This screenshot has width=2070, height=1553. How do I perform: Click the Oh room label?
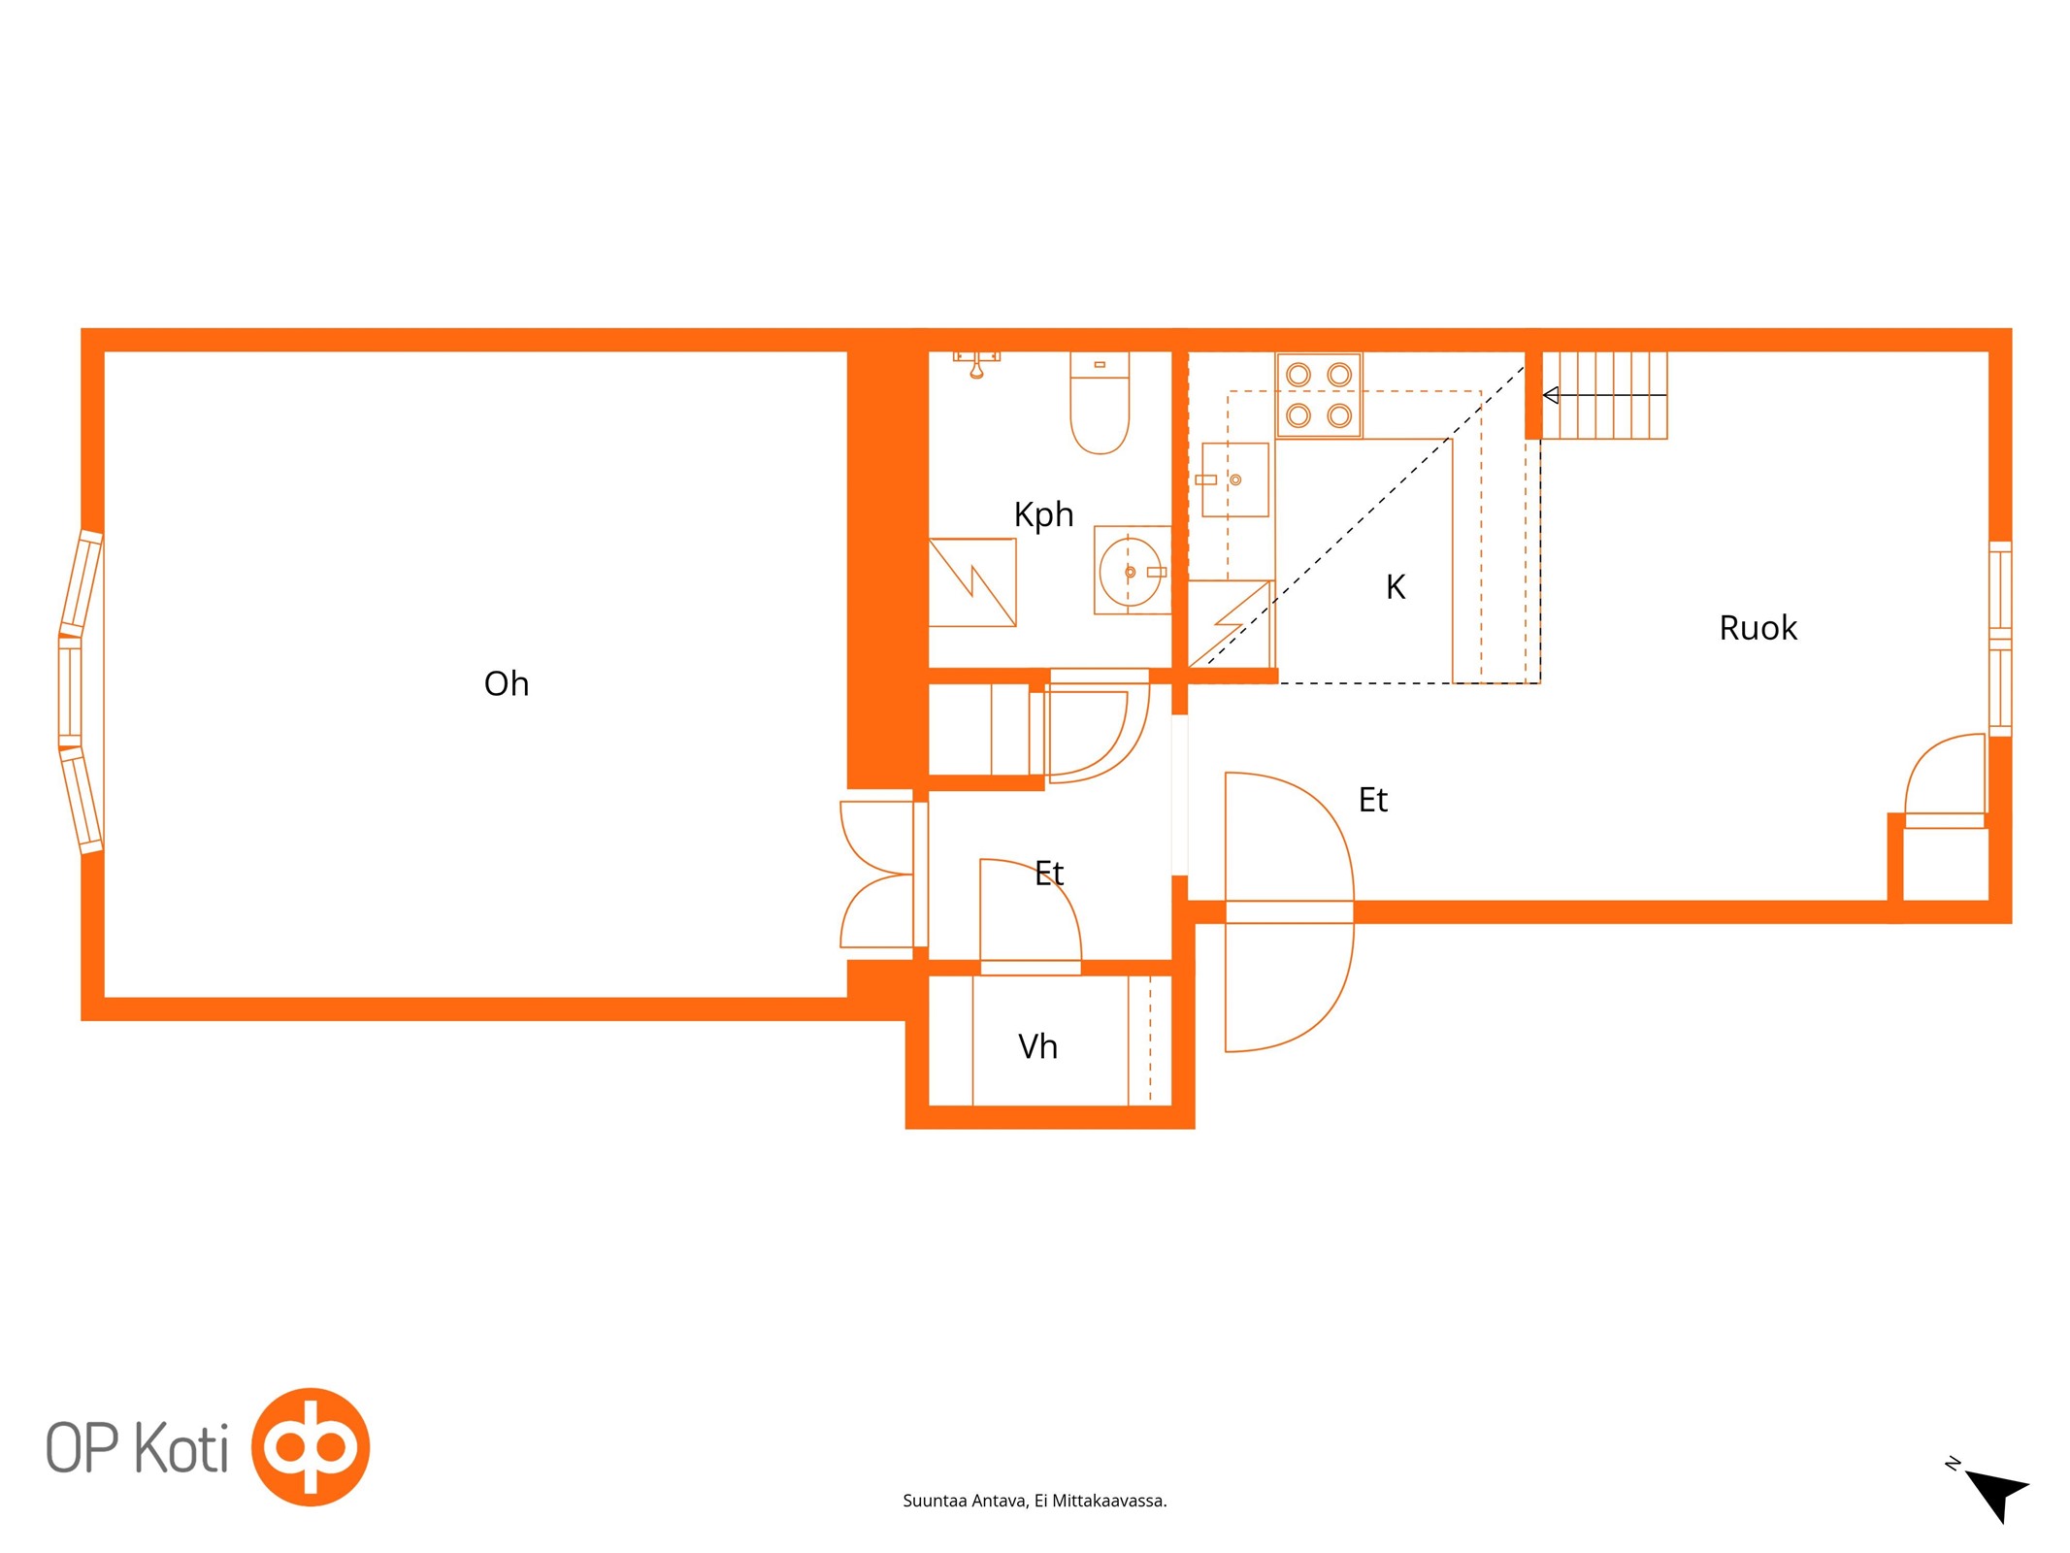click(x=506, y=683)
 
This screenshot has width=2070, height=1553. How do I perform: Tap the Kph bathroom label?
click(x=1043, y=514)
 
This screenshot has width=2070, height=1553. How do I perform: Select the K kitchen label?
click(x=1396, y=587)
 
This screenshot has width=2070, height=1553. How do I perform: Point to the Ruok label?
click(x=1758, y=628)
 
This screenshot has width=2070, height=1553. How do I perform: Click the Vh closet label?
click(x=1037, y=1046)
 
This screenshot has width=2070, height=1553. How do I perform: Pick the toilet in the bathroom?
click(x=1100, y=402)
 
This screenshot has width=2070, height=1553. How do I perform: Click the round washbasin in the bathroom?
click(x=1131, y=572)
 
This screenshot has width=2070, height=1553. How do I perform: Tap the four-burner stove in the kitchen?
click(x=1319, y=395)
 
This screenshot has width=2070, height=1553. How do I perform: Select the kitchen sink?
click(x=1234, y=479)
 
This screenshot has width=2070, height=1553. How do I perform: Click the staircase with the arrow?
click(x=1604, y=395)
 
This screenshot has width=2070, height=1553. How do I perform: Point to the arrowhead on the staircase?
click(x=1551, y=395)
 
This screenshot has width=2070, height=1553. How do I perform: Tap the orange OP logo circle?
click(x=311, y=1447)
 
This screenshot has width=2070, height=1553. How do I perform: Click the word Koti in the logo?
click(x=181, y=1448)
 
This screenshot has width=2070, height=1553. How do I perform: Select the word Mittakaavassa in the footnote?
click(x=1109, y=1501)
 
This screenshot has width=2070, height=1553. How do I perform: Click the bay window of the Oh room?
click(x=80, y=692)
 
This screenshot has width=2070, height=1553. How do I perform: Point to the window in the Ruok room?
click(x=2000, y=639)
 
